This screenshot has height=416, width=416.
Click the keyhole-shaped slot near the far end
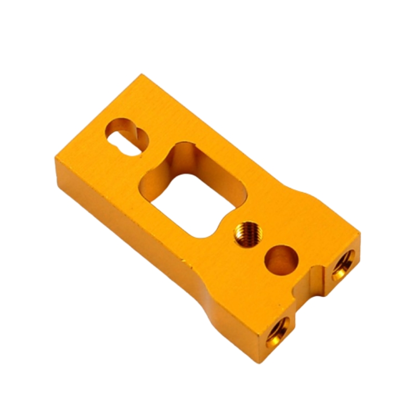(126, 136)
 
